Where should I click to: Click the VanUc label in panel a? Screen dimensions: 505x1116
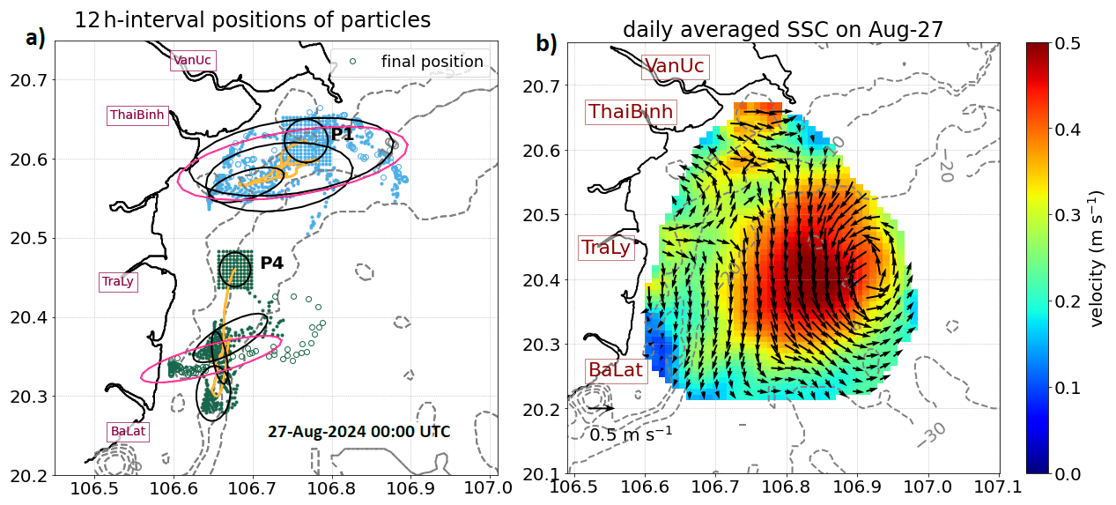[193, 60]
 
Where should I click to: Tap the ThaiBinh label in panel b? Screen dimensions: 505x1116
[631, 112]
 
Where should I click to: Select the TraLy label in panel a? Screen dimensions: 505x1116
[118, 282]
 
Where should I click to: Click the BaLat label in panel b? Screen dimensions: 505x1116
[616, 370]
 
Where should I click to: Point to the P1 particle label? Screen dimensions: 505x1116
[343, 134]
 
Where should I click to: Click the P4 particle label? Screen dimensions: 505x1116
[271, 263]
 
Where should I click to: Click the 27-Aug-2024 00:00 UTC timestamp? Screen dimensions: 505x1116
[358, 432]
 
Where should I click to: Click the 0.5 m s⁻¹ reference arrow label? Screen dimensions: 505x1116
[631, 434]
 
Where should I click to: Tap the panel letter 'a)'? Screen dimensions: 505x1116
[35, 38]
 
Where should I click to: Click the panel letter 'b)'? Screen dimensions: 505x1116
[546, 43]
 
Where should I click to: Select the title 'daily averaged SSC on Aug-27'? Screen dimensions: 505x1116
[782, 29]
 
